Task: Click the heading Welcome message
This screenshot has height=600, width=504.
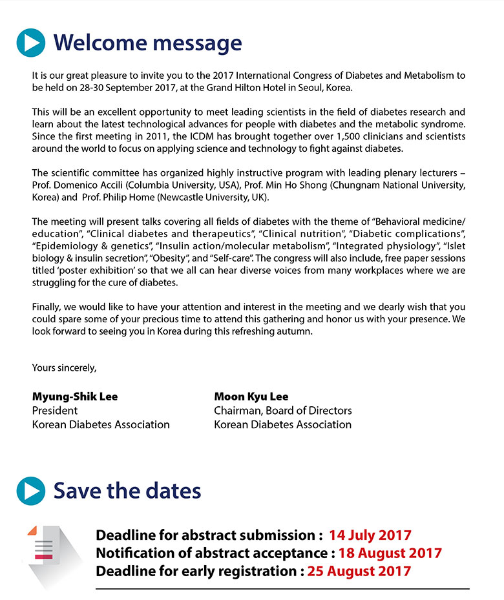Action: click(x=147, y=43)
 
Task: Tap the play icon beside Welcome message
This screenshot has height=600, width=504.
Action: click(x=31, y=43)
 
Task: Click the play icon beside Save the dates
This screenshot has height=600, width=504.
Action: click(x=31, y=490)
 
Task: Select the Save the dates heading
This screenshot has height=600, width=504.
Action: click(x=127, y=490)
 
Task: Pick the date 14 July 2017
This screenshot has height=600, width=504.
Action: click(x=370, y=535)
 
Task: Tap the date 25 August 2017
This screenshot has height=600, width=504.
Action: click(x=359, y=571)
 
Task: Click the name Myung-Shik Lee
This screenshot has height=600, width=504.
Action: click(x=75, y=397)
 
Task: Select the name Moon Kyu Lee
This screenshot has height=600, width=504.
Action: click(x=251, y=397)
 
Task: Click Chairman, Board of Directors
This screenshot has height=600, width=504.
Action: click(x=283, y=411)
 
